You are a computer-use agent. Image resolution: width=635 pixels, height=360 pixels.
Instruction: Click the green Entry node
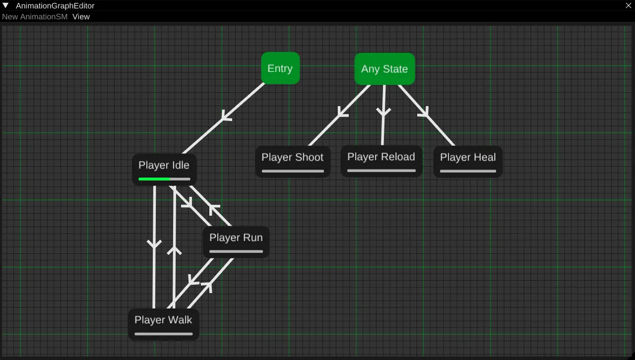[280, 68]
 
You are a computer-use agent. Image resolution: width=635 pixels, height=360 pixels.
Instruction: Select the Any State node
[384, 69]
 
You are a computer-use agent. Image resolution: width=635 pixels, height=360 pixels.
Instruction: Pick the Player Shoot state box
[293, 161]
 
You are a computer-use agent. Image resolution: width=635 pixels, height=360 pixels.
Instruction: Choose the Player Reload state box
[381, 161]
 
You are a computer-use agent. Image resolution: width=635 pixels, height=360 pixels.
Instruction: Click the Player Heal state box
[468, 161]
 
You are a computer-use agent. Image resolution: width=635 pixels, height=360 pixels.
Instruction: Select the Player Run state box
[236, 242]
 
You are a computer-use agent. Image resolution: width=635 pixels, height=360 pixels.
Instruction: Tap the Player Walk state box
[163, 324]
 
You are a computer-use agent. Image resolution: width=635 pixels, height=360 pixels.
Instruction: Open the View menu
[81, 16]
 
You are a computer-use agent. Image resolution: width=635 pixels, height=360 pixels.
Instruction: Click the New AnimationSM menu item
[35, 16]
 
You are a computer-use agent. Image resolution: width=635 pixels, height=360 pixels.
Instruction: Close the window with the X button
[628, 5]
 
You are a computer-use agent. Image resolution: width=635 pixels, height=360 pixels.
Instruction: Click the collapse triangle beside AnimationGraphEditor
[5, 5]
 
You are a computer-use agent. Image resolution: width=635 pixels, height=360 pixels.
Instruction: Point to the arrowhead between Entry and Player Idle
[226, 117]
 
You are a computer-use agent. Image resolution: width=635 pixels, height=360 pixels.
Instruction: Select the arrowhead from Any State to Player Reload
[383, 113]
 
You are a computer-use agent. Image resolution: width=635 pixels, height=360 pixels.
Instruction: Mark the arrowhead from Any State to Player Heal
[423, 114]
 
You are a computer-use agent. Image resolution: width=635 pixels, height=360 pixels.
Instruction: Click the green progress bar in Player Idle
[154, 179]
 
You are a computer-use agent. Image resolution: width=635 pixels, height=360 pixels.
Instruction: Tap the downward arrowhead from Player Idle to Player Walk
[154, 243]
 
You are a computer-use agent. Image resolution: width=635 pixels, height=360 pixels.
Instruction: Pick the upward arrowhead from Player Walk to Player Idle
[174, 250]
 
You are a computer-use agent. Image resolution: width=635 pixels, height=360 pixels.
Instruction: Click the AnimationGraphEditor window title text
[55, 5]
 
